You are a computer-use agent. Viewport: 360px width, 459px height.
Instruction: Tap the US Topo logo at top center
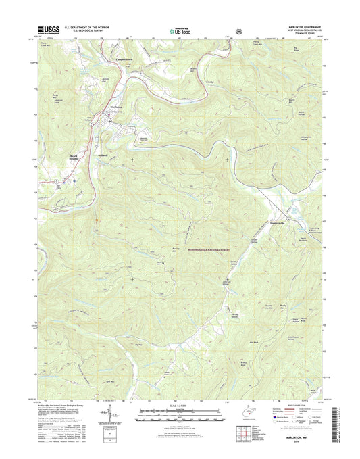pos(179,30)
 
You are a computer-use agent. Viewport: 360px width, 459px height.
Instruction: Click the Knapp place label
pos(191,82)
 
